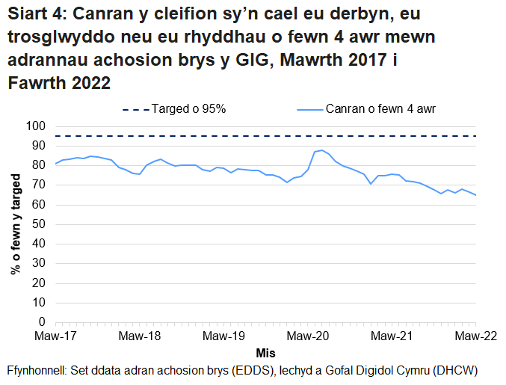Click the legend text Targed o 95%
click(x=188, y=109)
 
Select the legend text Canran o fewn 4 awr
click(x=380, y=109)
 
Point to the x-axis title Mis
click(x=265, y=352)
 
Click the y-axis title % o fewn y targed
click(x=16, y=224)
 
